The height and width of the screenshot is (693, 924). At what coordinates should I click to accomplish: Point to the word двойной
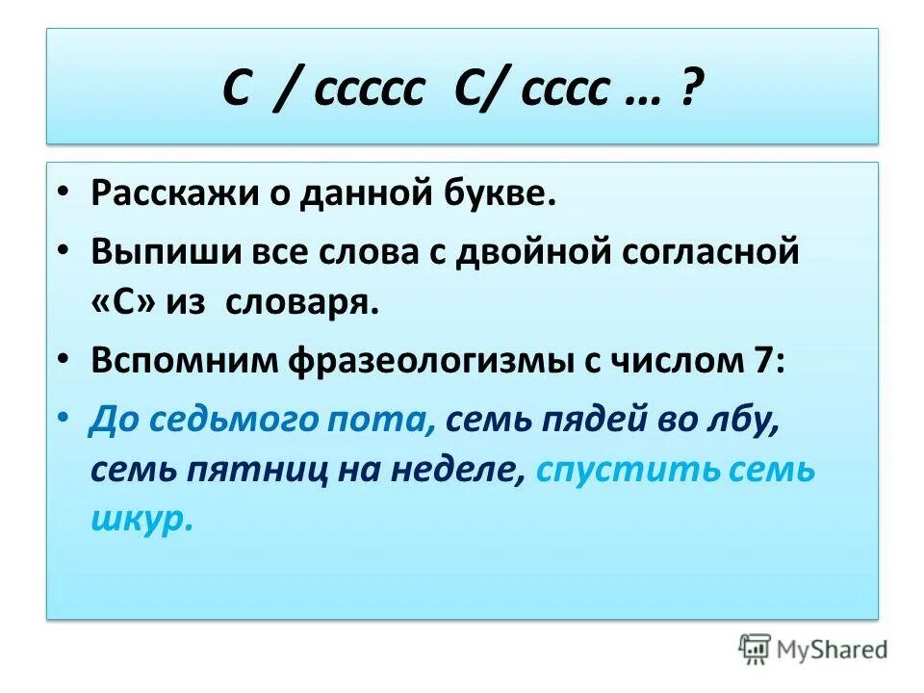pyautogui.click(x=540, y=253)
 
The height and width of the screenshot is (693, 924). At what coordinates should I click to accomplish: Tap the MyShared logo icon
pyautogui.click(x=757, y=650)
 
